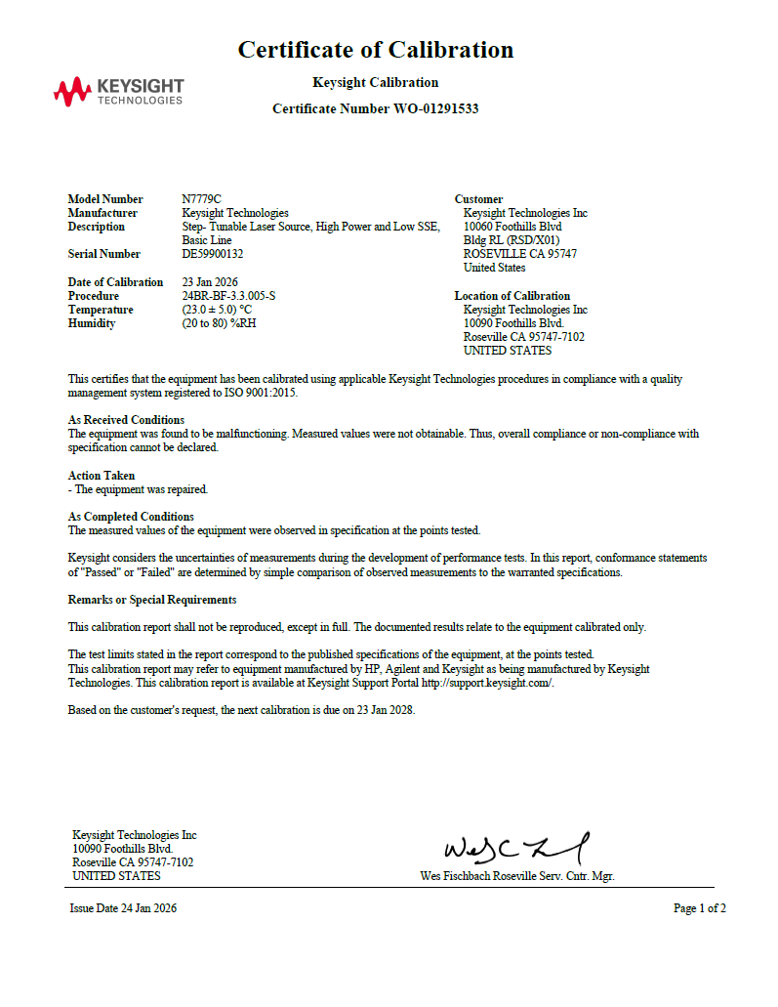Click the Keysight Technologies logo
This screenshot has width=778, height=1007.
[118, 93]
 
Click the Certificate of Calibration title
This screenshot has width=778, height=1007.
[376, 50]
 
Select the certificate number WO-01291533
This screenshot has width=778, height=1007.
[436, 109]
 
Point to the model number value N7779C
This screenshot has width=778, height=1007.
[201, 199]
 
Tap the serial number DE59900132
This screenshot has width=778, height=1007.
[213, 254]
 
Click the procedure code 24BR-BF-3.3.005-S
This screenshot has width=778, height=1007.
[228, 296]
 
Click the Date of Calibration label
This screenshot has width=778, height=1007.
[115, 282]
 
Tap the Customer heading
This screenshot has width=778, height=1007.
[478, 199]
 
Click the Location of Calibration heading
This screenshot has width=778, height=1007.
[512, 296]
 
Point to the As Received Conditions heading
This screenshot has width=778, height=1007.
[126, 420]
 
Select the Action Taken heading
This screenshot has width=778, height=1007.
[102, 476]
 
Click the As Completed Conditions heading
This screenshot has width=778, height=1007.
[131, 517]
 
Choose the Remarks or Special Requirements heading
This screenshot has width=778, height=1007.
[151, 600]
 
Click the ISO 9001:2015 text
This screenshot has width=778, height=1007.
[263, 393]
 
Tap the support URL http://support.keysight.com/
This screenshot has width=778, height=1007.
[487, 683]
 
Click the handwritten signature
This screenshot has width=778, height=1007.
[516, 848]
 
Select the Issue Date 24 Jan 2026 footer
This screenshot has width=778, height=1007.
[123, 908]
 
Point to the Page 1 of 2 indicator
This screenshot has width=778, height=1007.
[699, 908]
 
